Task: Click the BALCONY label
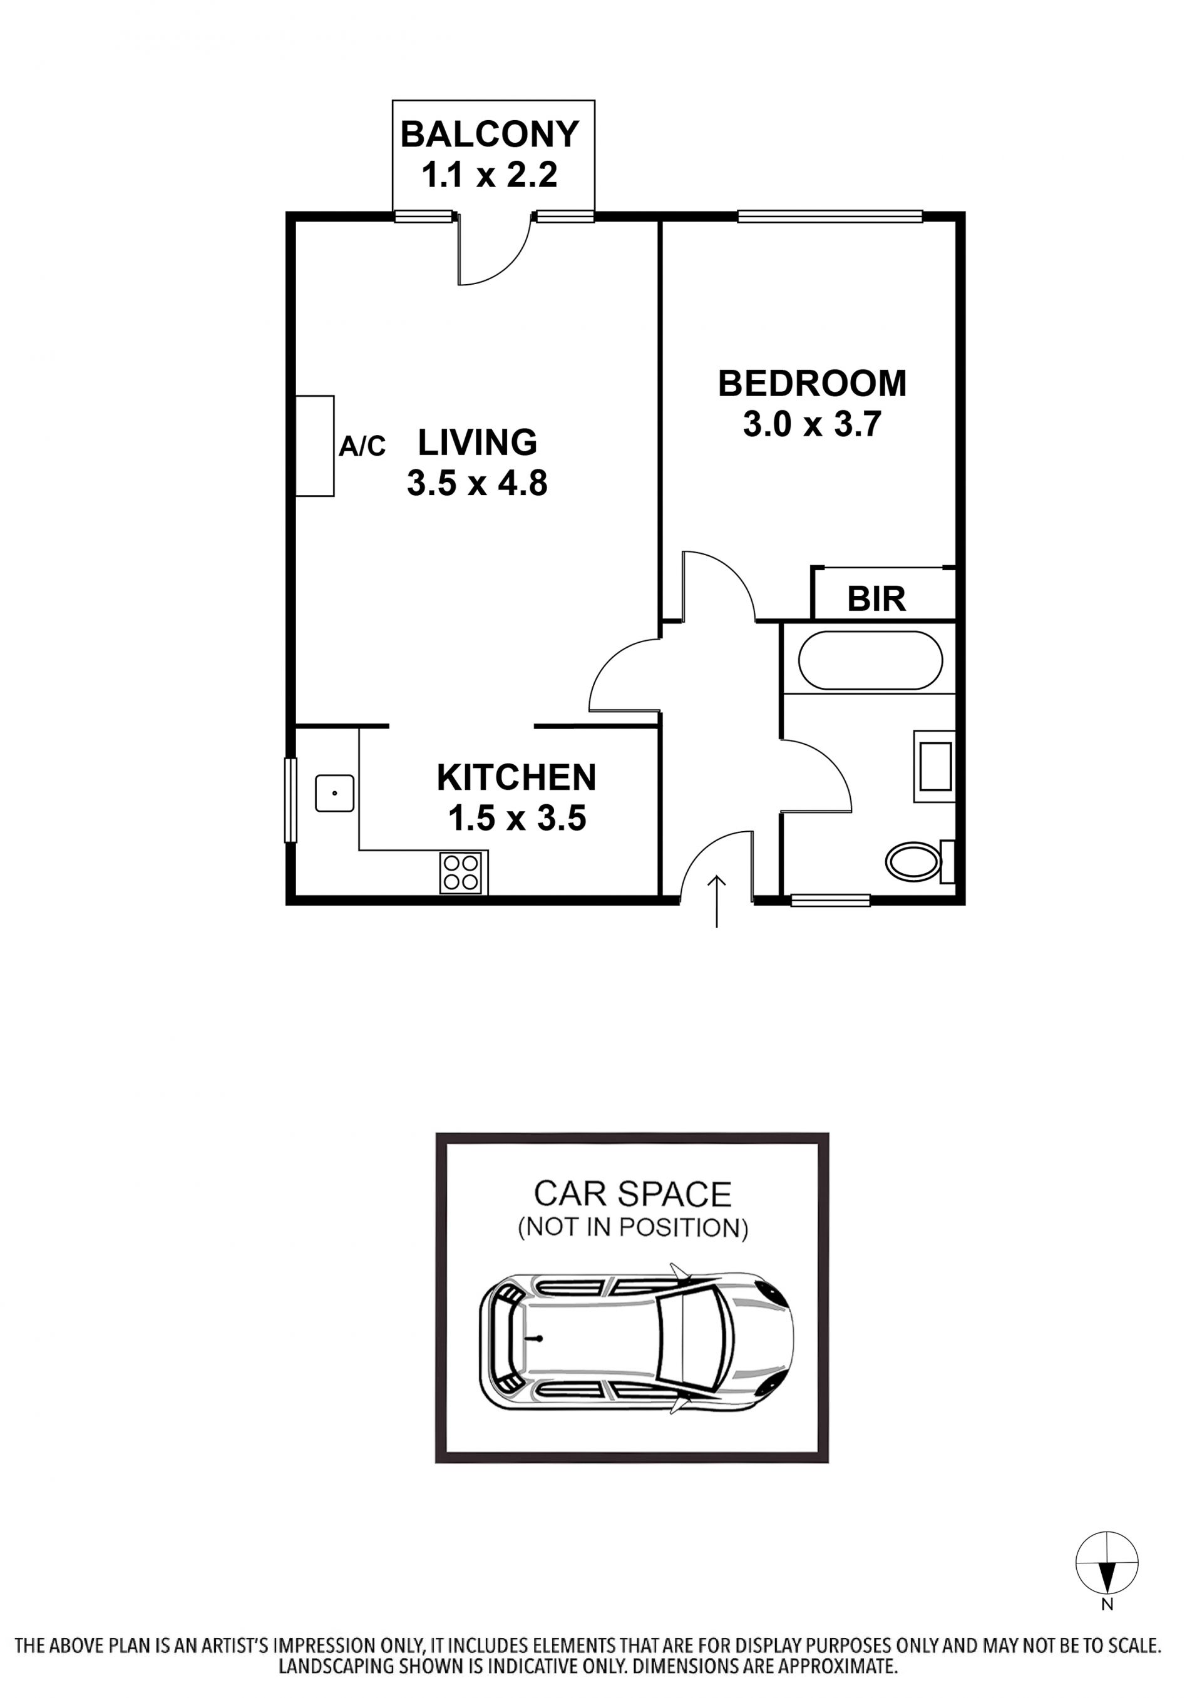click(490, 135)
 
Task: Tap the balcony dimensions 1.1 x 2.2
click(490, 175)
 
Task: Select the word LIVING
click(478, 442)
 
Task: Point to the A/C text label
click(362, 446)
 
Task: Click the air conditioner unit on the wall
click(314, 446)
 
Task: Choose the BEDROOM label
click(813, 383)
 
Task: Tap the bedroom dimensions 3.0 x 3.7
click(813, 425)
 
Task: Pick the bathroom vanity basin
click(934, 767)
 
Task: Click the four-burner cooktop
click(464, 873)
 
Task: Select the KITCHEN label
click(516, 777)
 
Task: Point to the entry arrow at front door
click(716, 901)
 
